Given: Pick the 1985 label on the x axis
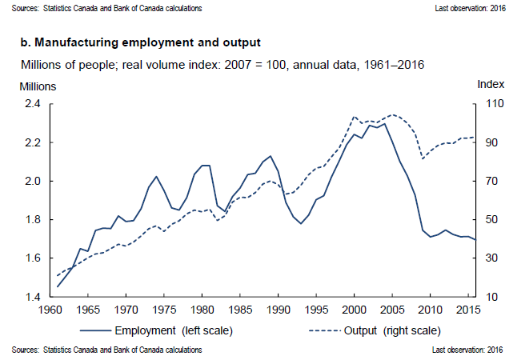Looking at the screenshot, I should point(240,310).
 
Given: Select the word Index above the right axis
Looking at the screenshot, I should point(491,84).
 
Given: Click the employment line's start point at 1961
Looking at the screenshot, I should point(57,286).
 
